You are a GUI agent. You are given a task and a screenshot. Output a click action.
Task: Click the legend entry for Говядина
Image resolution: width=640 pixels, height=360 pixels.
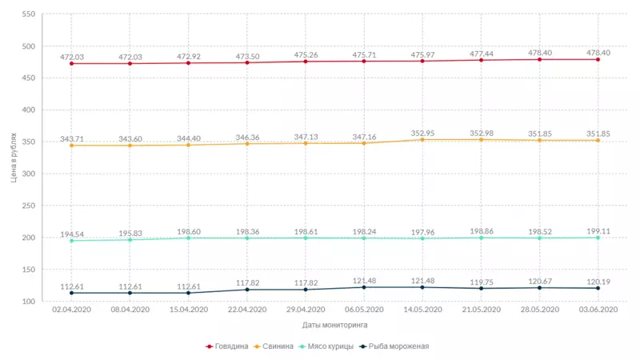tap(231, 346)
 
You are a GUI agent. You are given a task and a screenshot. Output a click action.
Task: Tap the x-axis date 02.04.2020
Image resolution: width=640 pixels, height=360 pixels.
tap(72, 310)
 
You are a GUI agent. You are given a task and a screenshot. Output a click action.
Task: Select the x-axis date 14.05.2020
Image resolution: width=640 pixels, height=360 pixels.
tap(422, 310)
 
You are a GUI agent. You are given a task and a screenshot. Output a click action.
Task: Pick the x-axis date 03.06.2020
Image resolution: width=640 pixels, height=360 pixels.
tap(598, 310)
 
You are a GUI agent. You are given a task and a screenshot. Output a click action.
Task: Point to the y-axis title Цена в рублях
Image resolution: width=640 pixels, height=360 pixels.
tap(14, 158)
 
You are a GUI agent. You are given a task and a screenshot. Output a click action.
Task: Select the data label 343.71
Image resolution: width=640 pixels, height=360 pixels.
tap(72, 139)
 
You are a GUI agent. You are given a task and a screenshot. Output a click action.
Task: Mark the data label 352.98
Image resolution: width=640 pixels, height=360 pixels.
tap(481, 133)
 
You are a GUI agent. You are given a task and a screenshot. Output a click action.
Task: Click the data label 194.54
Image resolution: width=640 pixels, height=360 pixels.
tap(72, 234)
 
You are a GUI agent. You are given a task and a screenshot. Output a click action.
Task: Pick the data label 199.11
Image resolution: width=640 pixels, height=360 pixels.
tap(598, 231)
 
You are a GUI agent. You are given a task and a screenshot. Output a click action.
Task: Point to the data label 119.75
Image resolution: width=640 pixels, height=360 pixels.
tap(481, 282)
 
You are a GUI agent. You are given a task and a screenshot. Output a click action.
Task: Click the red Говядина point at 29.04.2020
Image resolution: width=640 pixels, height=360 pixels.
tap(306, 61)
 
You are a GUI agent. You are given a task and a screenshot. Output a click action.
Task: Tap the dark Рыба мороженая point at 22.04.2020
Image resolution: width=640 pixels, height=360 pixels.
tap(247, 289)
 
